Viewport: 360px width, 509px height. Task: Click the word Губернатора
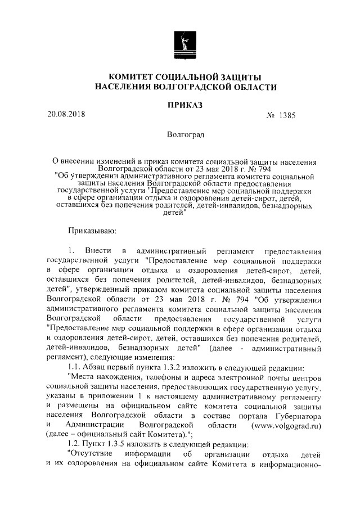tap(298, 416)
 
